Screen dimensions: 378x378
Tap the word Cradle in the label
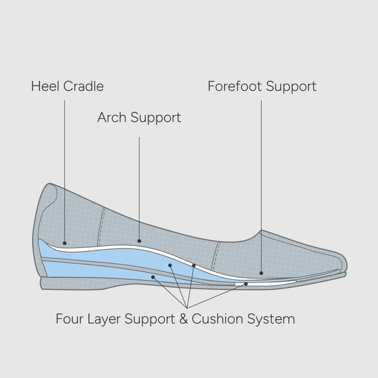[x=84, y=86]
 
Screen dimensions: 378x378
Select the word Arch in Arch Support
[x=112, y=118]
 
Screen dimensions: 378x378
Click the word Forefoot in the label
[x=235, y=86]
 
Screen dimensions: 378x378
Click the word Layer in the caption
[x=104, y=319]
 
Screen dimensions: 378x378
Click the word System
[x=271, y=319]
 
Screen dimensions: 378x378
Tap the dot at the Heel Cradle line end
[x=65, y=243]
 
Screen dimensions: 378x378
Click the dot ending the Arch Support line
[x=139, y=241]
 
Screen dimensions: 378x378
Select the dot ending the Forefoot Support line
[x=261, y=273]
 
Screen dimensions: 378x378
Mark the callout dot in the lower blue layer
[x=153, y=277]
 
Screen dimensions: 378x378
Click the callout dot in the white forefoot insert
[x=246, y=283]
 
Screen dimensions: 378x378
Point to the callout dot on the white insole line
[x=194, y=265]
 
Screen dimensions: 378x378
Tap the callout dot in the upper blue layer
[x=170, y=265]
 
